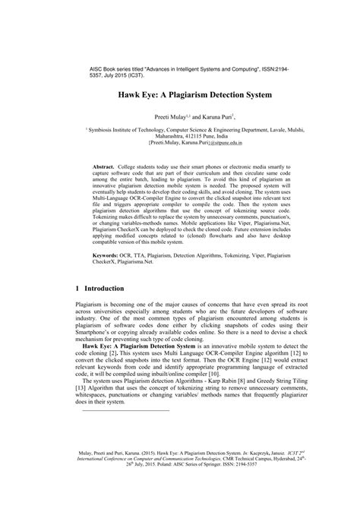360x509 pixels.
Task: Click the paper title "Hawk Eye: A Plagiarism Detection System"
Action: click(179, 98)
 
